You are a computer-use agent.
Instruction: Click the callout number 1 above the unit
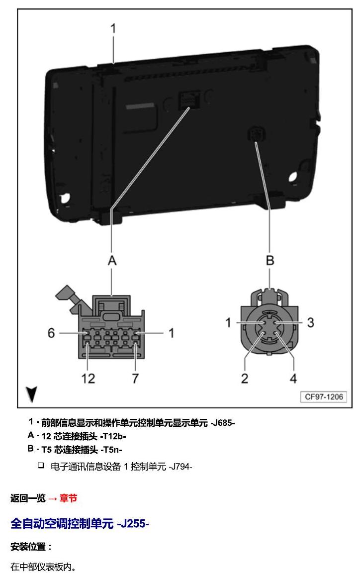pyautogui.click(x=113, y=28)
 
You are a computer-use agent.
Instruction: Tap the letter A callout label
pyautogui.click(x=112, y=260)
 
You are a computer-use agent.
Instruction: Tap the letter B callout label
pyautogui.click(x=270, y=260)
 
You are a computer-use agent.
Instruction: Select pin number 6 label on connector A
pyautogui.click(x=51, y=333)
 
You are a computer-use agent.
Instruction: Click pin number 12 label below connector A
pyautogui.click(x=88, y=379)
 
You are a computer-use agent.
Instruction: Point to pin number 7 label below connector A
pyautogui.click(x=136, y=379)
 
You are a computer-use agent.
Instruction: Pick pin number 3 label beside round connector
pyautogui.click(x=310, y=322)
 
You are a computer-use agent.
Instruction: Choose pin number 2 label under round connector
pyautogui.click(x=245, y=379)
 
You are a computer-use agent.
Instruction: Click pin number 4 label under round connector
pyautogui.click(x=293, y=379)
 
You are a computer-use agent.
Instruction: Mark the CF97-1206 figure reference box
pyautogui.click(x=324, y=397)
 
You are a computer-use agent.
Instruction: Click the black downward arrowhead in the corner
pyautogui.click(x=32, y=394)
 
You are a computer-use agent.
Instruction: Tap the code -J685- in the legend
pyautogui.click(x=223, y=423)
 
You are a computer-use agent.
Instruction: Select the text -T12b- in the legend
pyautogui.click(x=113, y=436)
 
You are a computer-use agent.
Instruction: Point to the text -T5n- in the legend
pyautogui.click(x=111, y=450)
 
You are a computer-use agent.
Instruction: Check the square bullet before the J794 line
pyautogui.click(x=41, y=465)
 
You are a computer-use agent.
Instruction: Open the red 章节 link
pyautogui.click(x=68, y=498)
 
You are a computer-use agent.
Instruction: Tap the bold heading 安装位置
pyautogui.click(x=28, y=547)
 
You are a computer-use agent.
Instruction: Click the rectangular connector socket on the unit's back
pyautogui.click(x=189, y=99)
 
